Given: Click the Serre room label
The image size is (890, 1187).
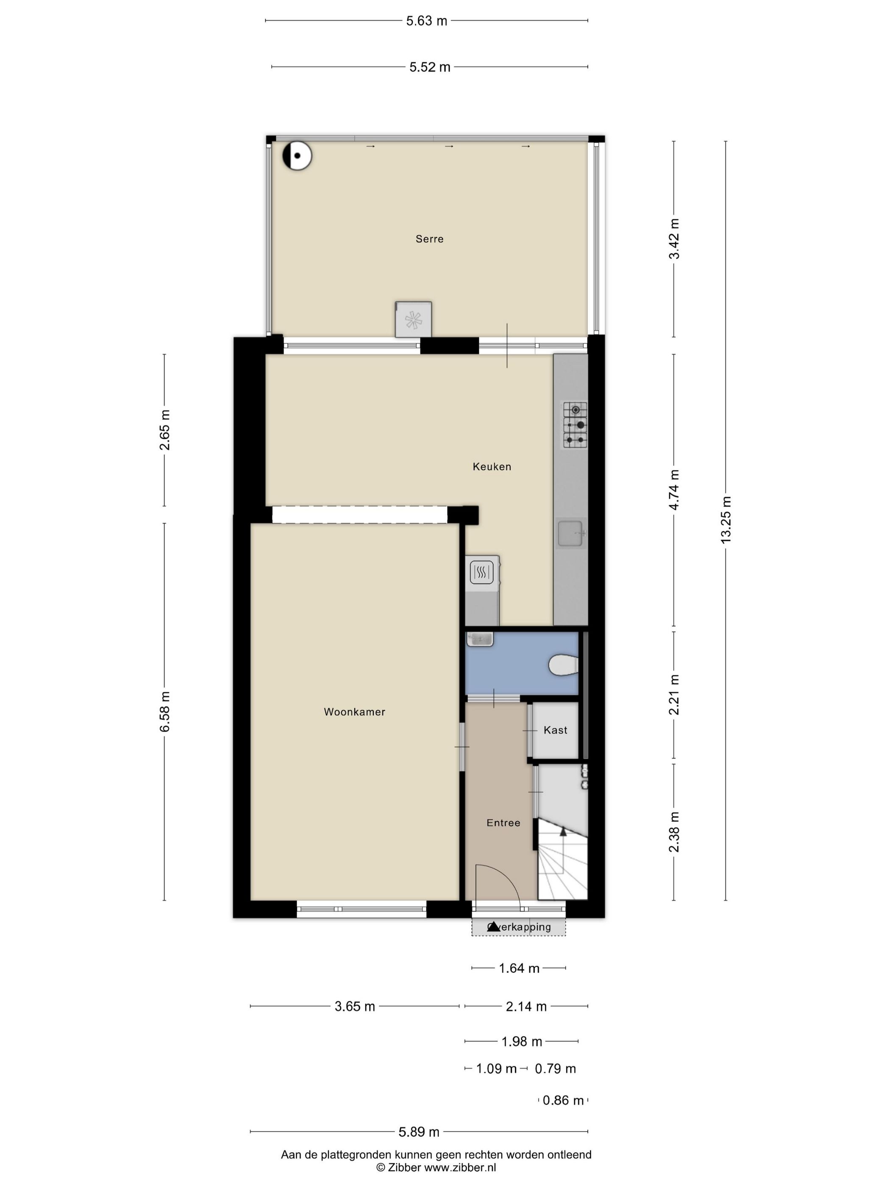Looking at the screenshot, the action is point(429,239).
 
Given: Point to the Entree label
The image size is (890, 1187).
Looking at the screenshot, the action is point(503,823).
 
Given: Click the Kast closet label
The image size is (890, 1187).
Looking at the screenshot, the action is point(555,730).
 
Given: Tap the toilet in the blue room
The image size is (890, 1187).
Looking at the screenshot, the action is point(563,666).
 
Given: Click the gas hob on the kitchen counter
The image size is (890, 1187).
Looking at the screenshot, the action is point(575,425).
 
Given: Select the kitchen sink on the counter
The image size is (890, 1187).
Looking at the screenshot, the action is point(570,533).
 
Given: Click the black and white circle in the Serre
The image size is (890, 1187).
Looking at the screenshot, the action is point(297,156).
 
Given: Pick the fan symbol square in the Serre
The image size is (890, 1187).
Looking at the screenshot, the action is point(413,320).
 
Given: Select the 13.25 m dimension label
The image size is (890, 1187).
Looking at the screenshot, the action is point(726,520).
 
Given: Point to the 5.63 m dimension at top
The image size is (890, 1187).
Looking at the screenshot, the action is point(426,21).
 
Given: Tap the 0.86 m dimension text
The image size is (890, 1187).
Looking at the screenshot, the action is point(563,1101).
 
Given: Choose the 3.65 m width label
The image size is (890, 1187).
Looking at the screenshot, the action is point(355,1007).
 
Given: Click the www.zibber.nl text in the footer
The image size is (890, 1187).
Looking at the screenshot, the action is point(460,1167).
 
